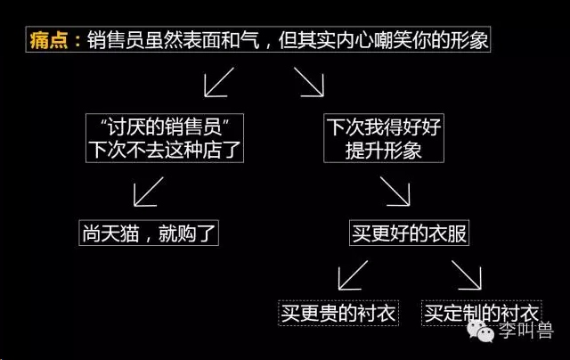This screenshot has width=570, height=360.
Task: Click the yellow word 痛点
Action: [49, 39]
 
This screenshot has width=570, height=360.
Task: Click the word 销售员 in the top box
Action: [116, 39]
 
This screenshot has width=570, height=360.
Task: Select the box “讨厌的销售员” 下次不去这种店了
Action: [165, 138]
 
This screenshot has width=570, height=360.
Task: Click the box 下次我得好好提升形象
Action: [384, 138]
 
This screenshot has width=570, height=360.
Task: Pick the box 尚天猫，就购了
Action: [149, 233]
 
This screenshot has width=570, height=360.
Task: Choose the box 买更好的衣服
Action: [409, 233]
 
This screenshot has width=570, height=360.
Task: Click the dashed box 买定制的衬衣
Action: [481, 313]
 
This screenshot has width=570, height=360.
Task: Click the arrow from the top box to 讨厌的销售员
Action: [219, 82]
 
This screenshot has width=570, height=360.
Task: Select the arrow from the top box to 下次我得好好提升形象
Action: [309, 82]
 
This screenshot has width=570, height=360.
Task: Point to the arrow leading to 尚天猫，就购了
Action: [149, 192]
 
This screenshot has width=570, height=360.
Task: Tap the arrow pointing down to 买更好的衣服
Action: [395, 192]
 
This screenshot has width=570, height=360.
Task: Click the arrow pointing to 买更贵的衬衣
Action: [353, 275]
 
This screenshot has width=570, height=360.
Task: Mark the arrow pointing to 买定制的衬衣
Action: [467, 275]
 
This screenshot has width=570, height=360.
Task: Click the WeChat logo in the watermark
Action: [481, 331]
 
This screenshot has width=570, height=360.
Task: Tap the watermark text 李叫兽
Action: [525, 331]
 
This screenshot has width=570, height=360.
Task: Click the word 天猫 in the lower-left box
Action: [120, 233]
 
